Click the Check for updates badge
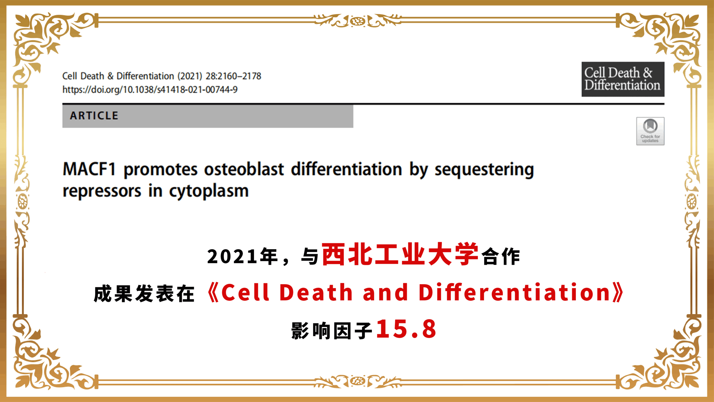[650, 131]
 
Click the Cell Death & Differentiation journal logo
[623, 79]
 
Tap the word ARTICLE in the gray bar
[94, 116]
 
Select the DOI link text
[150, 90]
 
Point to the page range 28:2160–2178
[233, 76]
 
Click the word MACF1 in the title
[89, 169]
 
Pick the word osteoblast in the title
[244, 169]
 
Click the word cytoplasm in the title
[209, 192]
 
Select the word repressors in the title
[102, 192]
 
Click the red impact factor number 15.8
[406, 329]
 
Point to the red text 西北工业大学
[400, 254]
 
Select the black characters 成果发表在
[144, 294]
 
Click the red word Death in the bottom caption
[316, 292]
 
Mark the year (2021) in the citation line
[190, 76]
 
